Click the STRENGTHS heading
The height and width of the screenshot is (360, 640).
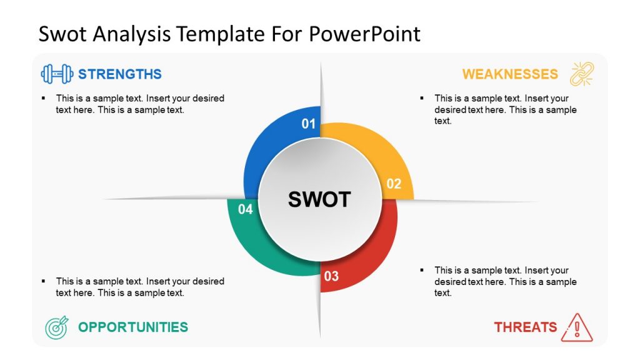[x=119, y=74]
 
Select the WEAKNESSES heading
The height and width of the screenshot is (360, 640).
[x=510, y=74]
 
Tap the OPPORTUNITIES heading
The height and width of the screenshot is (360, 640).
[x=132, y=327]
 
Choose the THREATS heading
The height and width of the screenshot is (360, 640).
[x=525, y=327]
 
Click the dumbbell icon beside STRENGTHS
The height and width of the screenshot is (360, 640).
[x=56, y=74]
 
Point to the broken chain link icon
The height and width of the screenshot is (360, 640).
[x=582, y=74]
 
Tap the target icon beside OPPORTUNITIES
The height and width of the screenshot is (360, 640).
[x=56, y=327]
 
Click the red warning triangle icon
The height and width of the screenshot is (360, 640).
[x=576, y=327]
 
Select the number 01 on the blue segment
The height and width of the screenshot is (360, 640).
[x=309, y=124]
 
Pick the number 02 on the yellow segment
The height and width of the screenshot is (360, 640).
[x=394, y=184]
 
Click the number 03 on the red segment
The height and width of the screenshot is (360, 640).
[x=331, y=276]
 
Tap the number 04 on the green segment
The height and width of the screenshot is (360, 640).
[x=246, y=209]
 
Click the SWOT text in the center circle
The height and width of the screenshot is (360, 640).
[x=319, y=199]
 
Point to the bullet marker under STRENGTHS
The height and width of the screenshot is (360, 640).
[x=43, y=98]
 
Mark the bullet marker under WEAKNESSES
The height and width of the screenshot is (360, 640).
[x=422, y=98]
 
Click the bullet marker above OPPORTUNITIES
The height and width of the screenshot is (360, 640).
[x=43, y=281]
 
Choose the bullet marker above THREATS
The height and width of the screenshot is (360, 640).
[x=422, y=270]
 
